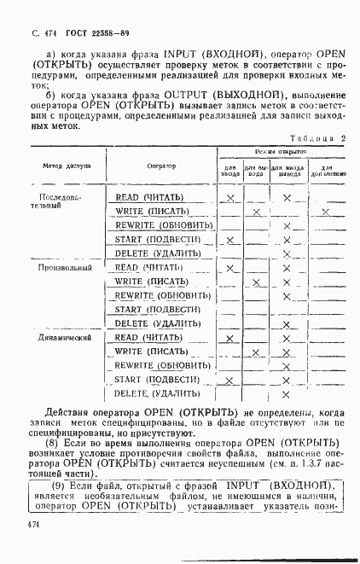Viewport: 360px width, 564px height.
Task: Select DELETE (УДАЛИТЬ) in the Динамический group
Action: [157, 393]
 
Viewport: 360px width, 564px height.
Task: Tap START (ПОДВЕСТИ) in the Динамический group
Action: [157, 379]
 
